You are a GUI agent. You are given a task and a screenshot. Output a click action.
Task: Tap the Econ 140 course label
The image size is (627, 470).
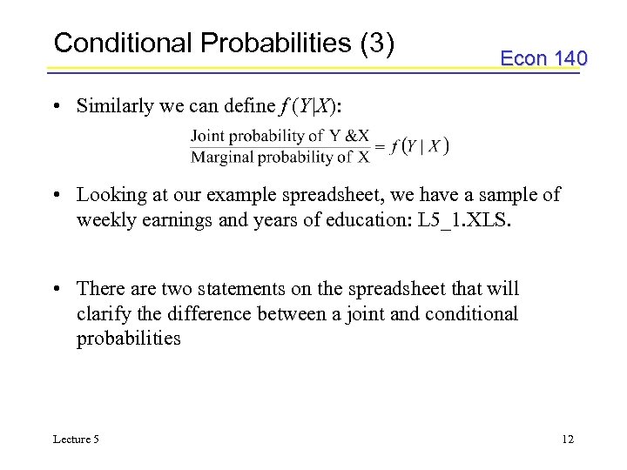[543, 58]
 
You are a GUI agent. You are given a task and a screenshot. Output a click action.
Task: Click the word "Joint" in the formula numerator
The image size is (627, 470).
[209, 136]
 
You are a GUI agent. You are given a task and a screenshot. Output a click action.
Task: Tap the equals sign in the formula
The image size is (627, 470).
[380, 146]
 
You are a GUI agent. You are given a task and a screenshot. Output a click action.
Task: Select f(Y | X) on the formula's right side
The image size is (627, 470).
[420, 146]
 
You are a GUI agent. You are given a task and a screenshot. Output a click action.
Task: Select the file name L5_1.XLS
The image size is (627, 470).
[466, 219]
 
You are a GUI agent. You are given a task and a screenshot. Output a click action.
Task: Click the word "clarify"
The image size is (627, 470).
[104, 313]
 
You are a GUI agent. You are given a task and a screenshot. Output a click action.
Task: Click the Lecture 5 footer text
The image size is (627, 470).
[76, 440]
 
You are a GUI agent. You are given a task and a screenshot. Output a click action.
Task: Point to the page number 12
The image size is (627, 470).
[567, 440]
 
